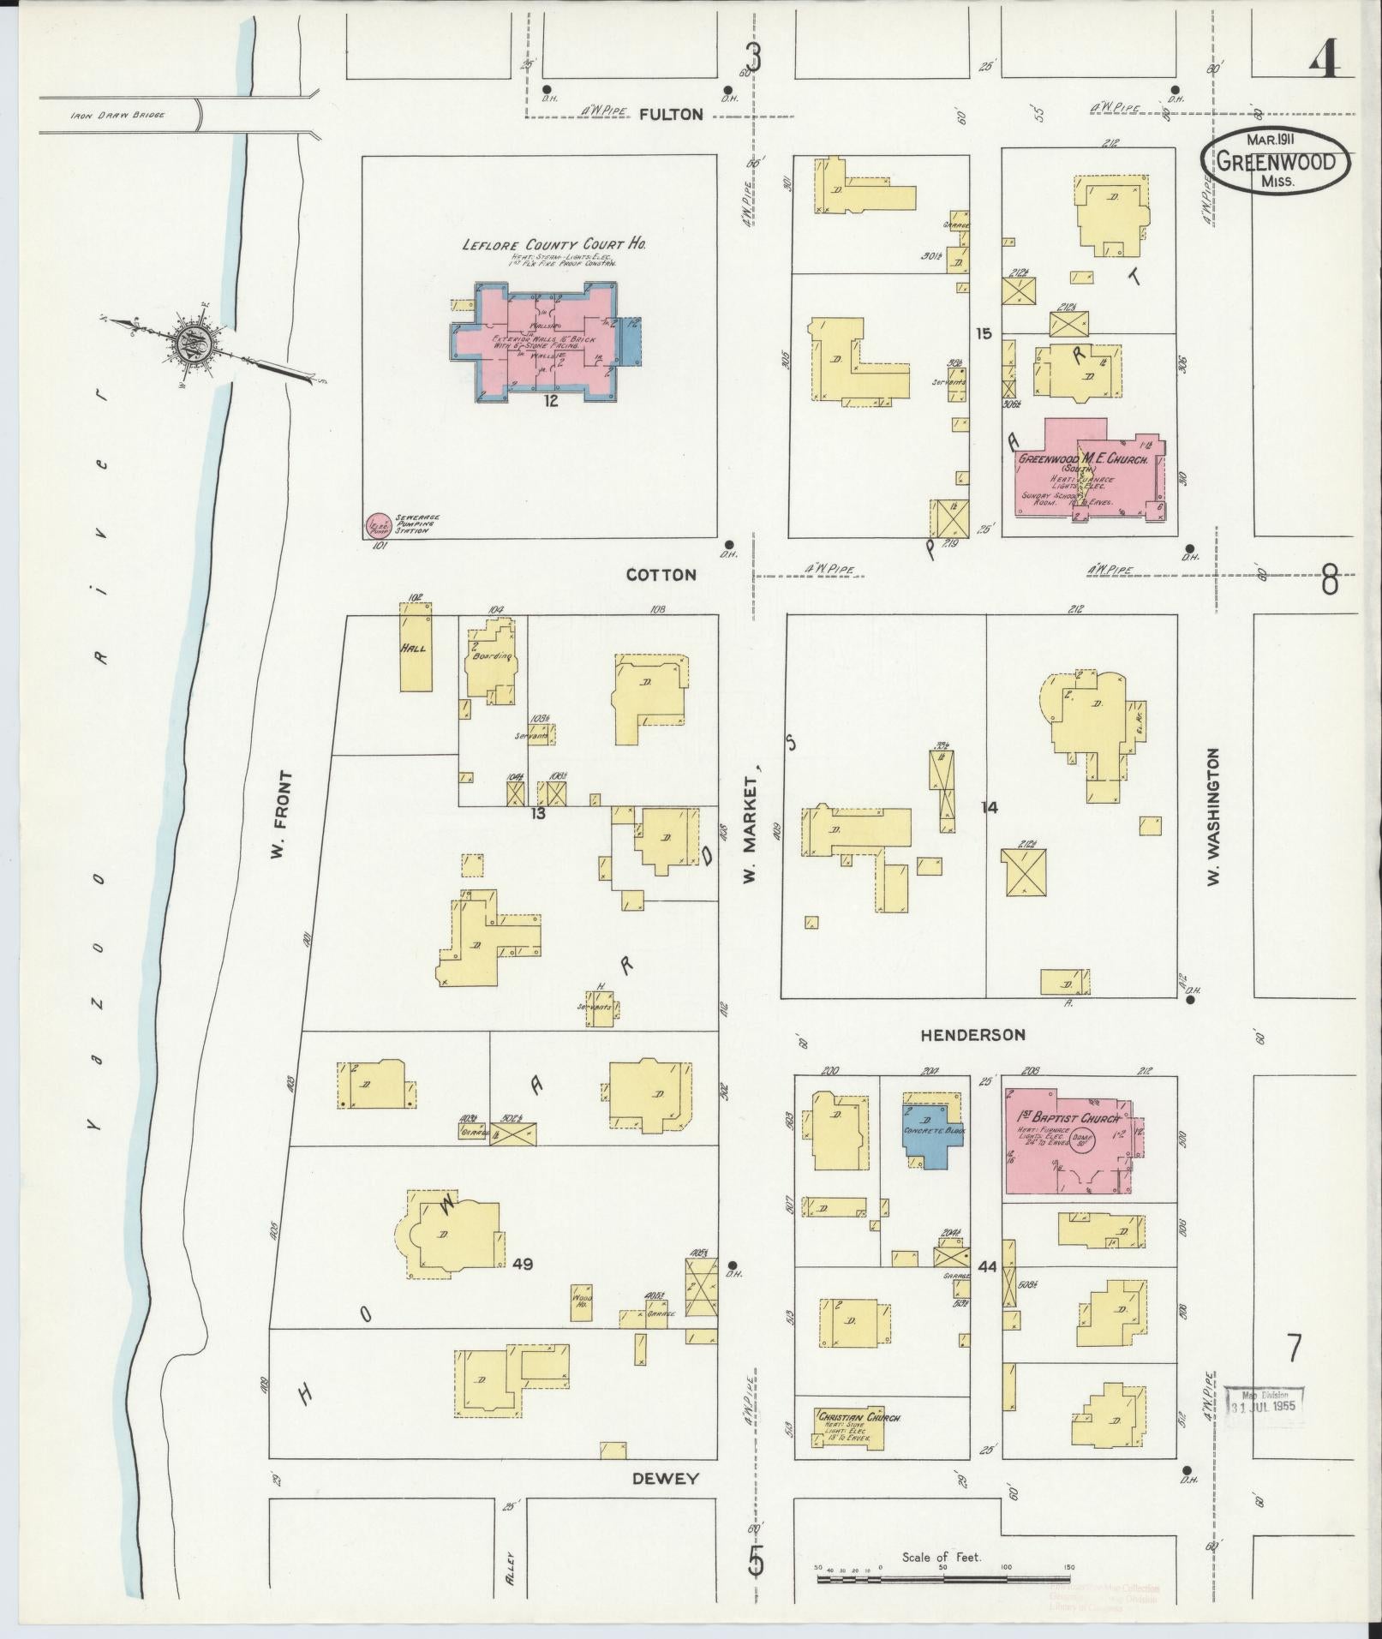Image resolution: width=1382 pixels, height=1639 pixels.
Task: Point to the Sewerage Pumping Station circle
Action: (378, 524)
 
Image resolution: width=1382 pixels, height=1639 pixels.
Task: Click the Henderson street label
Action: (972, 1035)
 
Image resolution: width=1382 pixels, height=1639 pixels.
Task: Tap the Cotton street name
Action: (661, 575)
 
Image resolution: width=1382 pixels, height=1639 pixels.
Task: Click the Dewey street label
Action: (666, 1479)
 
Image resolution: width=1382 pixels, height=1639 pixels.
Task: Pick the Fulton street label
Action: (671, 114)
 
